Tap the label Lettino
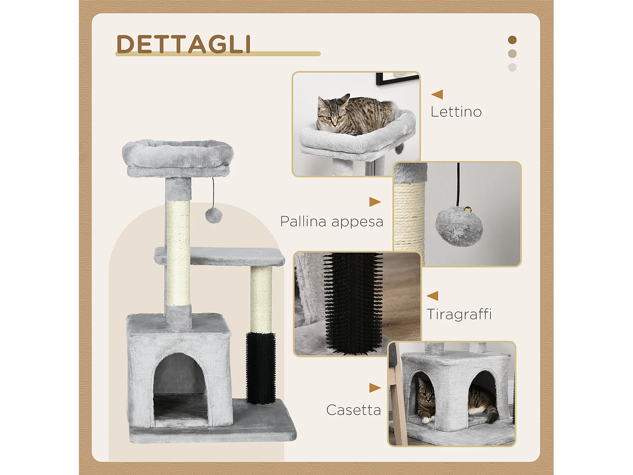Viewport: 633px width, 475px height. click(x=456, y=112)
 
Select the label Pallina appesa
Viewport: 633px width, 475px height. click(x=332, y=221)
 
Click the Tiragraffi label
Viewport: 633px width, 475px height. click(x=459, y=314)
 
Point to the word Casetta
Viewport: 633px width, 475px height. click(x=353, y=410)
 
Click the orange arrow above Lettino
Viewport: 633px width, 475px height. click(x=437, y=94)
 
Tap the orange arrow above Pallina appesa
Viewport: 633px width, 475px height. click(x=375, y=202)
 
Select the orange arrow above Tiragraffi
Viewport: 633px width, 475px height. click(x=433, y=296)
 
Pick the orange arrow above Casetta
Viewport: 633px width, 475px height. click(x=375, y=388)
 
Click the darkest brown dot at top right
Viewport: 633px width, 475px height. click(x=512, y=40)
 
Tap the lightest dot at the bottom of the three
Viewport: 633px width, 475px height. click(x=512, y=68)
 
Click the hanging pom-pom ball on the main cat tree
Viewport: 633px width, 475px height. click(x=214, y=215)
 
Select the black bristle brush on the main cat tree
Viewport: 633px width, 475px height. click(x=261, y=367)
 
